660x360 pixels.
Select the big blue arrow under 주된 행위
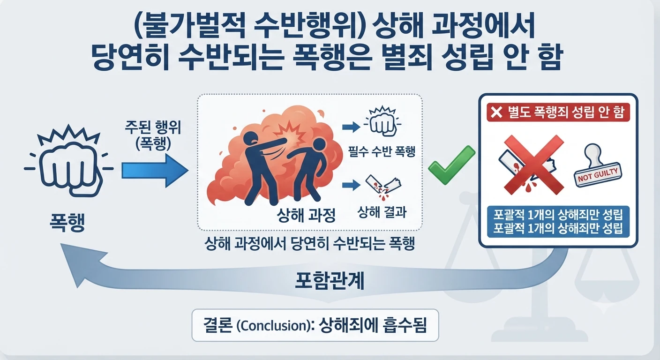(155, 171)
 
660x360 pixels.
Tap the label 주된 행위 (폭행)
(153, 135)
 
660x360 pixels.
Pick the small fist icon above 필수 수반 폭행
(382, 121)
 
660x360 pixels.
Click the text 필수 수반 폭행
(382, 151)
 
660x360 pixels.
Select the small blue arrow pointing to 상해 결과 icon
(351, 185)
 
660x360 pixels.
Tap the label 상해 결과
(382, 212)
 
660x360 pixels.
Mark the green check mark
(451, 165)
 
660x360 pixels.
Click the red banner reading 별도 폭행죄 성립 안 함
(558, 112)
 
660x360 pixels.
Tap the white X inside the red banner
(497, 112)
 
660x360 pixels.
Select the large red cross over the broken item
(534, 165)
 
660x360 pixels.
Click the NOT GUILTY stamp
(598, 166)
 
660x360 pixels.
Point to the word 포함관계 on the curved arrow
(330, 281)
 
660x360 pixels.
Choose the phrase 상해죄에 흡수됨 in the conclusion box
(373, 325)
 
